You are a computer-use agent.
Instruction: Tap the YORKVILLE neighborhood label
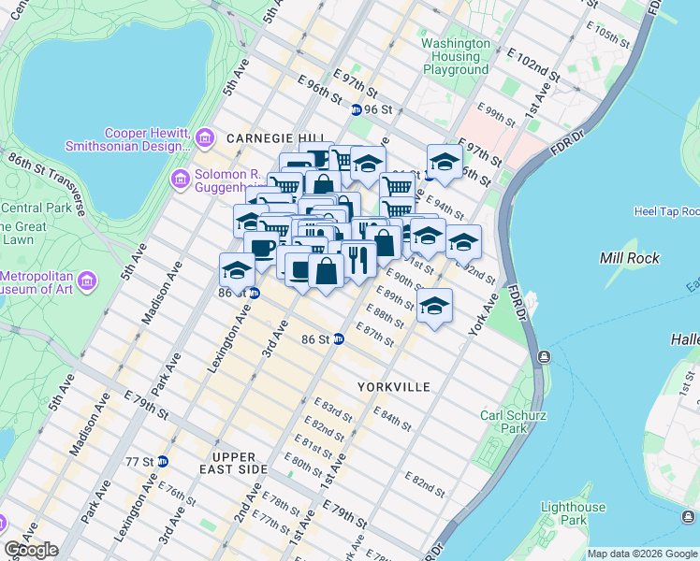pyautogui.click(x=393, y=386)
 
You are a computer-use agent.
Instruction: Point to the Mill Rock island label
pyautogui.click(x=629, y=258)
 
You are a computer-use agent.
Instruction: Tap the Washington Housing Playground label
pyautogui.click(x=456, y=56)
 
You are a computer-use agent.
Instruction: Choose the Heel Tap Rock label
pyautogui.click(x=665, y=212)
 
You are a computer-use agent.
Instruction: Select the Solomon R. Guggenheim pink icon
pyautogui.click(x=180, y=178)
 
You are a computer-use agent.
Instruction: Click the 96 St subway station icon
pyautogui.click(x=356, y=109)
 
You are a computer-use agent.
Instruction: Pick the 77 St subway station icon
pyautogui.click(x=163, y=461)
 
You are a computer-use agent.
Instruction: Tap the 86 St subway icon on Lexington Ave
pyautogui.click(x=255, y=293)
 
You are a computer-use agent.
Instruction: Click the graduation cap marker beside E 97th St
pyautogui.click(x=445, y=161)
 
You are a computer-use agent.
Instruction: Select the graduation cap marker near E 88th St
pyautogui.click(x=433, y=306)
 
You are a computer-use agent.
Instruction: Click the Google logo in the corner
pyautogui.click(x=31, y=550)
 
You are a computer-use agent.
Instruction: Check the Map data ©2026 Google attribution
pyautogui.click(x=642, y=554)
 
